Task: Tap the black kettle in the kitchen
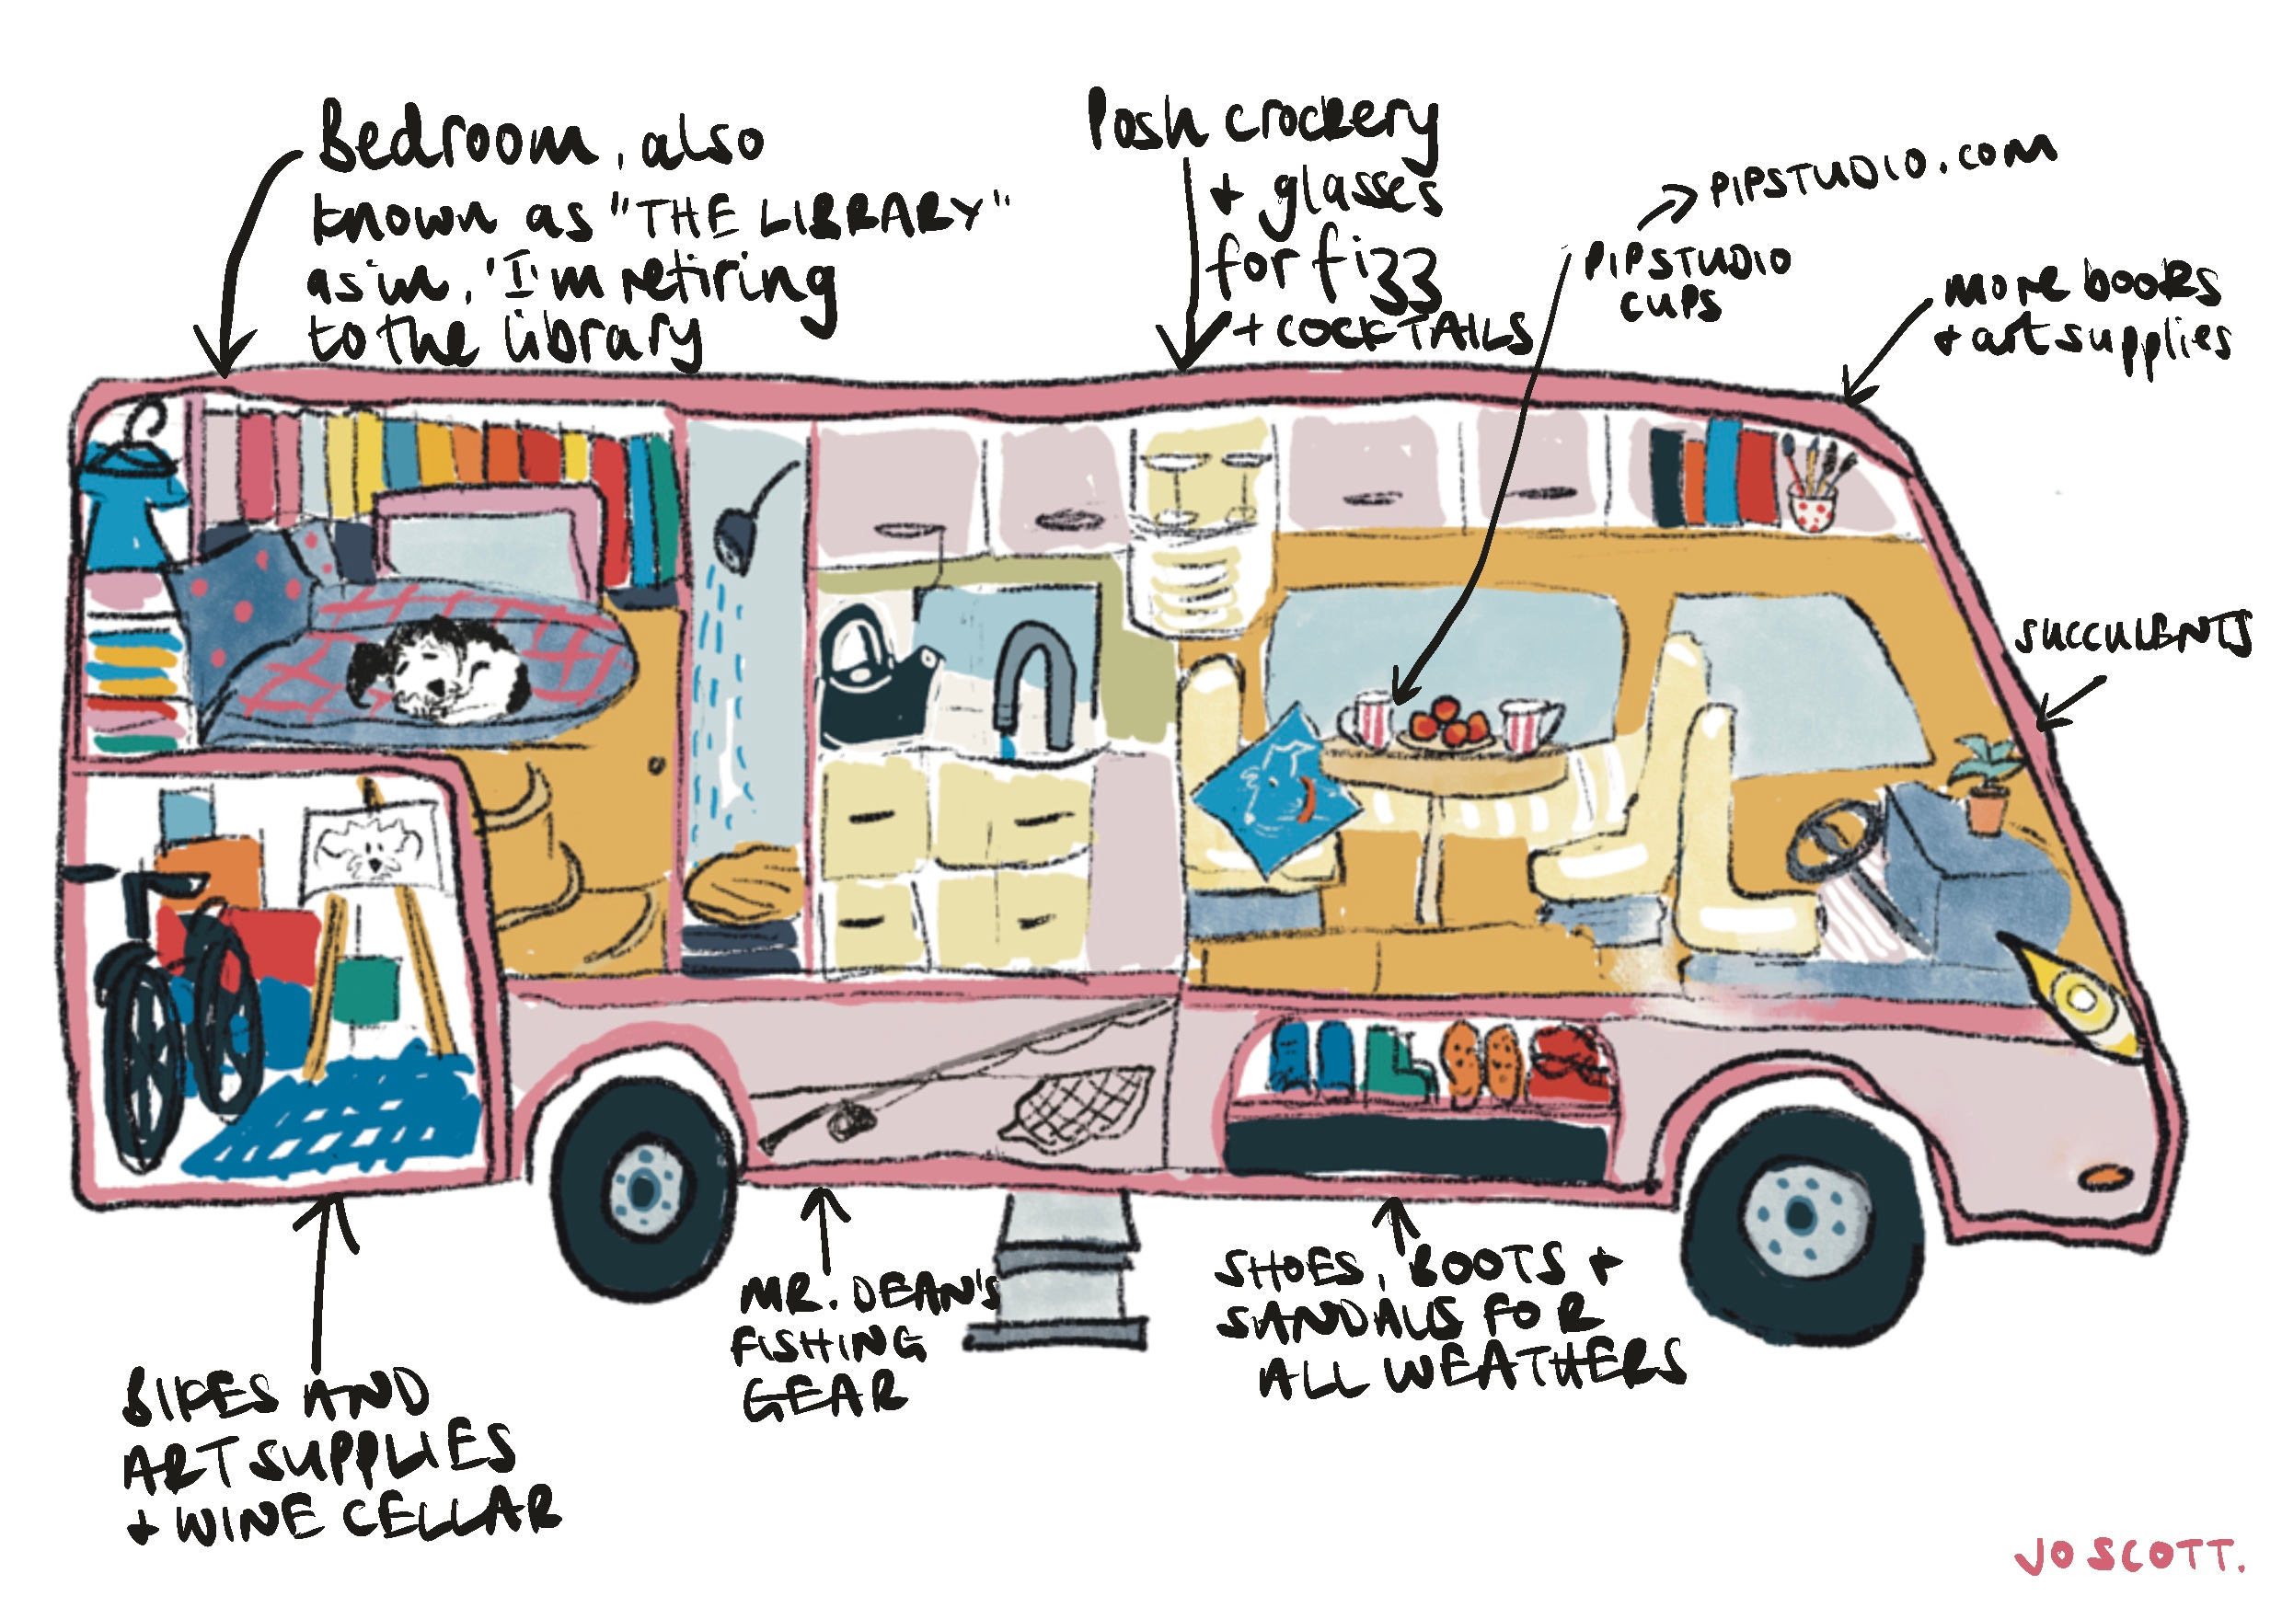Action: pos(860,676)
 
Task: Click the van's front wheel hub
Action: pos(1801,1213)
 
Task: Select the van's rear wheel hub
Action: pos(643,1188)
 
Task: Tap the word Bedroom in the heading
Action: pos(457,139)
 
